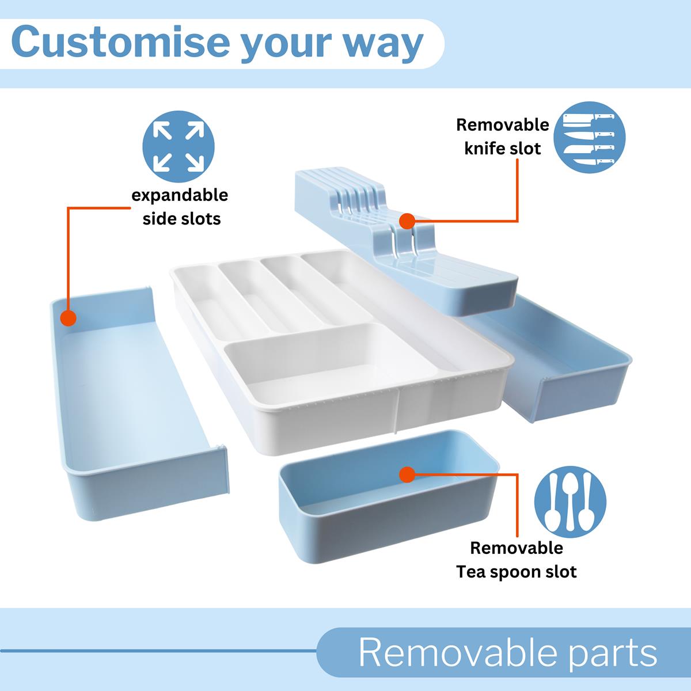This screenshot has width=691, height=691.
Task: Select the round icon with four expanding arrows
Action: (x=179, y=146)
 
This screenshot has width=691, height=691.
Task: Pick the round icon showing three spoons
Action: (x=570, y=502)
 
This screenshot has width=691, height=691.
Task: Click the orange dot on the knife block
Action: (x=407, y=221)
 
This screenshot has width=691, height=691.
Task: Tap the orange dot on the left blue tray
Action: (x=69, y=318)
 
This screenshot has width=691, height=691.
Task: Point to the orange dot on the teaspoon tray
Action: (x=407, y=474)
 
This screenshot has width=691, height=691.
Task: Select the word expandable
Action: (x=180, y=195)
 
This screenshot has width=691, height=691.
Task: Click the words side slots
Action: (x=182, y=219)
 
